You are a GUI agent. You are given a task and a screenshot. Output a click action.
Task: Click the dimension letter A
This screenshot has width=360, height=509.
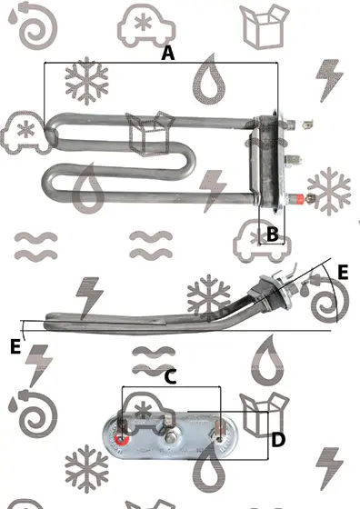(x=168, y=54)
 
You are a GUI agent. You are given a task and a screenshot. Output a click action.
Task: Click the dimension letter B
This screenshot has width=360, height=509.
(x=273, y=234)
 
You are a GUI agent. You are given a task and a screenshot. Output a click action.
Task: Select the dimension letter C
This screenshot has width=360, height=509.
(x=170, y=377)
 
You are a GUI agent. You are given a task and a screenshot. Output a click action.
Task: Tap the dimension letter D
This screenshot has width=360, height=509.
(x=278, y=440)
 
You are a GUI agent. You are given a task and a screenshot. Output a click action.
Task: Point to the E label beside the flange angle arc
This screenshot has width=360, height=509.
(x=343, y=272)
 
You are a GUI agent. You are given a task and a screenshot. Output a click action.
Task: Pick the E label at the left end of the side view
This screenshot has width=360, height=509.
(x=15, y=346)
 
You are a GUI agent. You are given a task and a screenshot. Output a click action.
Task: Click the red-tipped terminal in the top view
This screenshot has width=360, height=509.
(x=299, y=198)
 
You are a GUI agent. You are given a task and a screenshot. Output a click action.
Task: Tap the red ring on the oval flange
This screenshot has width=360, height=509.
(x=122, y=440)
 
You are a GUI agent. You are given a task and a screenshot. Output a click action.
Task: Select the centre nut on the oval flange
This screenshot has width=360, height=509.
(x=169, y=439)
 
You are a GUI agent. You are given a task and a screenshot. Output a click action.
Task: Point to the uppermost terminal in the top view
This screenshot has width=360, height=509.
(x=300, y=124)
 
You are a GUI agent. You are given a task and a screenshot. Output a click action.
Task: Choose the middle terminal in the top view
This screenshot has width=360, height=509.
(x=293, y=160)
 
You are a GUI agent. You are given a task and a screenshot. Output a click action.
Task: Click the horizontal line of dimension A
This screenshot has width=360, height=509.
(x=161, y=63)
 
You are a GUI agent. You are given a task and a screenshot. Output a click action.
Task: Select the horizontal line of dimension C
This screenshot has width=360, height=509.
(x=171, y=386)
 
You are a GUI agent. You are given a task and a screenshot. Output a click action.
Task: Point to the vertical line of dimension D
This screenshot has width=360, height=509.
(x=267, y=435)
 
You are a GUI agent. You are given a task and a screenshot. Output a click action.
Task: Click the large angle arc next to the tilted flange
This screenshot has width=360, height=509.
(x=332, y=292)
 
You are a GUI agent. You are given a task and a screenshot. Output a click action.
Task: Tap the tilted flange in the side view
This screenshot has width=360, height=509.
(x=276, y=292)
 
